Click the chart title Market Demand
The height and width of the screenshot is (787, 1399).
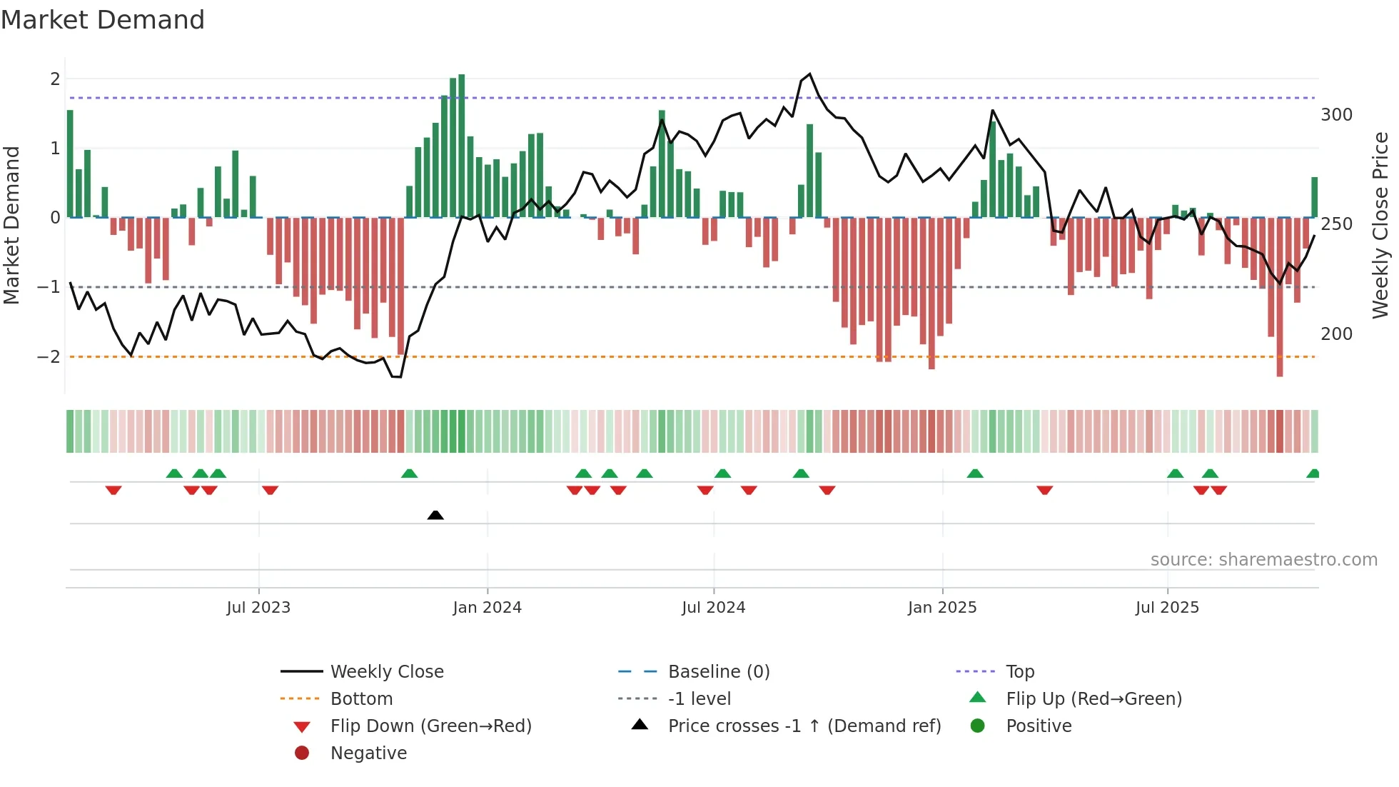coord(103,20)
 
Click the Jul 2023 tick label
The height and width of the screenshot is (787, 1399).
coord(258,608)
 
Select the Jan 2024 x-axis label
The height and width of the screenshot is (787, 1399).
coord(487,608)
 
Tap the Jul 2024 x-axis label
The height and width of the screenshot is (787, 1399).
coord(713,608)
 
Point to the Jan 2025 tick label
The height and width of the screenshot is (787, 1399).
coord(942,608)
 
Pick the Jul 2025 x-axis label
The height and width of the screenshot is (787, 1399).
coord(1167,608)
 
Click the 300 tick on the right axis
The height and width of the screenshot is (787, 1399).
coord(1336,115)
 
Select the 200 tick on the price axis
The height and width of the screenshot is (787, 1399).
coord(1336,334)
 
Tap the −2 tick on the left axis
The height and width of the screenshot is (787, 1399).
coord(49,356)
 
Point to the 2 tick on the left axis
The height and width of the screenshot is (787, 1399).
coord(55,79)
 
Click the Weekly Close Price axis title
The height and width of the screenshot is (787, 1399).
coord(1380,225)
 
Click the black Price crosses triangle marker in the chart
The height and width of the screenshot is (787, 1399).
coord(435,515)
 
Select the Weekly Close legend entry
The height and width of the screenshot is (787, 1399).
coord(386,672)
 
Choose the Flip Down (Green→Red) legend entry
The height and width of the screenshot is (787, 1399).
coord(430,726)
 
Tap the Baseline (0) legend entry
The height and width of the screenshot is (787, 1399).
coord(718,672)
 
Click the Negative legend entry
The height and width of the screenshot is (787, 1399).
coord(368,753)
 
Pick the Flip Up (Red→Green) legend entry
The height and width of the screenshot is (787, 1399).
coord(1094,699)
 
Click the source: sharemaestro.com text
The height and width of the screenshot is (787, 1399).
coord(1263,560)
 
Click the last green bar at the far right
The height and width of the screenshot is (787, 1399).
coord(1314,197)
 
